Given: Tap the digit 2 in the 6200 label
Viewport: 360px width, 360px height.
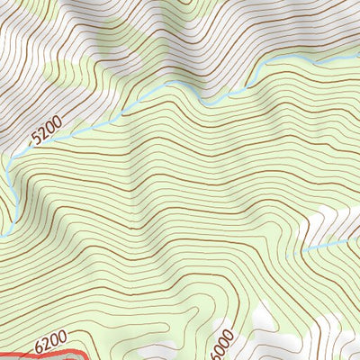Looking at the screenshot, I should [x=48, y=343].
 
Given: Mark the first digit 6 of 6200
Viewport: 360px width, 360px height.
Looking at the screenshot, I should [x=40, y=346].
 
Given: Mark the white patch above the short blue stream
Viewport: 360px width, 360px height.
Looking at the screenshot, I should [x=337, y=220].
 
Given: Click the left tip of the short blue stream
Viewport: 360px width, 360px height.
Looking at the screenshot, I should [x=303, y=250].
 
